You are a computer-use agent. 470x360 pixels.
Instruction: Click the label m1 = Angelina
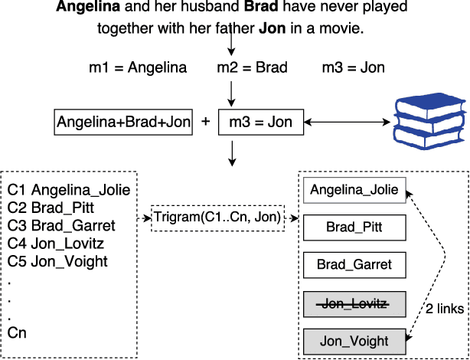coord(138,67)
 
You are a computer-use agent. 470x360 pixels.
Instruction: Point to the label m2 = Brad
coord(252,67)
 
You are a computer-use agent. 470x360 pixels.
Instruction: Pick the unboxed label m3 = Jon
coord(354,67)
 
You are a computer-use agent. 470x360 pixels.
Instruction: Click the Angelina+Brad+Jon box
coord(124,122)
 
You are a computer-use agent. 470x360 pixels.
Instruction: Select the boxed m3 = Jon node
coord(260,122)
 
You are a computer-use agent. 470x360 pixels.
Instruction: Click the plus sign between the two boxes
coord(205,122)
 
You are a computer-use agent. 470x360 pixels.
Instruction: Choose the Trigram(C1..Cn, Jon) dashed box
coord(217,218)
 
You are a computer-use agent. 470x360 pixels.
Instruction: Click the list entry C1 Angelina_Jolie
coord(69,190)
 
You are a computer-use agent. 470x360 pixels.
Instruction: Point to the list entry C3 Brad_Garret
coord(61,226)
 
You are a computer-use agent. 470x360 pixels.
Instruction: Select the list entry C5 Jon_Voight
coord(57,261)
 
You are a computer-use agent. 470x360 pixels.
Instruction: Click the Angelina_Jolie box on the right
coord(354,190)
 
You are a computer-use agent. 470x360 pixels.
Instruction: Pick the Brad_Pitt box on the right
coord(354,227)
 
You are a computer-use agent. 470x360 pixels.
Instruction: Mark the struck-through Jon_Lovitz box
coord(354,303)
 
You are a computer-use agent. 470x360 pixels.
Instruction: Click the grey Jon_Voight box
coord(354,340)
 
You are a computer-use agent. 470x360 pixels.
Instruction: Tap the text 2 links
coord(445,309)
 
